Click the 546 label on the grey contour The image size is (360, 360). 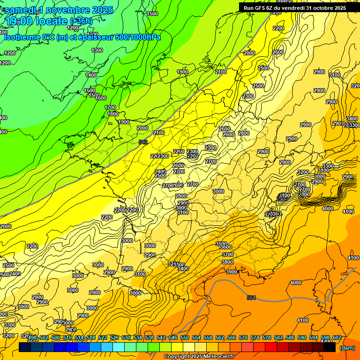click(x=143, y=142)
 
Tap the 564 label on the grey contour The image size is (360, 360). click(x=251, y=298)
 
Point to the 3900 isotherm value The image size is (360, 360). click(x=231, y=272)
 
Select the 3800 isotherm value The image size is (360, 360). click(x=227, y=262)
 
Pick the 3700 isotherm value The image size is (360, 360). click(x=227, y=255)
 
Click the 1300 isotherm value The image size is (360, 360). click(x=97, y=50)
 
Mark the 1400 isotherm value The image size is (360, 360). click(x=91, y=75)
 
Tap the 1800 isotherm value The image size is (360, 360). click(x=112, y=114)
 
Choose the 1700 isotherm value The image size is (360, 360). click(x=110, y=107)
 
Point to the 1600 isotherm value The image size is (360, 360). click(x=101, y=98)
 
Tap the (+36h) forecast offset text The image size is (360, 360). click(x=81, y=22)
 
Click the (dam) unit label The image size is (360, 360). click(x=347, y=347)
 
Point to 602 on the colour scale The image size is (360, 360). click(x=337, y=337)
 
